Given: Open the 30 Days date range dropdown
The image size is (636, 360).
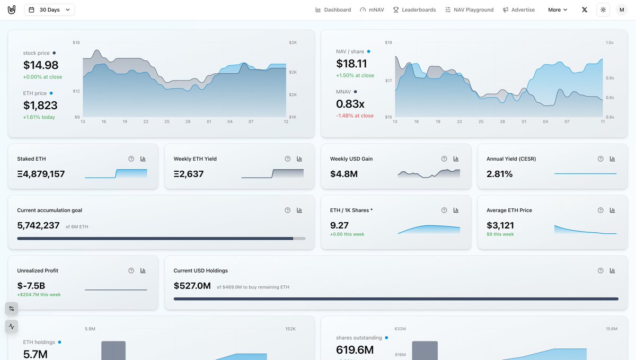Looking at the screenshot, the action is point(49,10).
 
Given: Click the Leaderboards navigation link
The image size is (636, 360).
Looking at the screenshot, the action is point(414,10).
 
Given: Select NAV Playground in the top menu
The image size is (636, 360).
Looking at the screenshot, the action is point(470,10).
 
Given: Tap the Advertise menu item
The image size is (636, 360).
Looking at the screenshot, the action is point(519,10).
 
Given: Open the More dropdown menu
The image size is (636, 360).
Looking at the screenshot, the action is point(558,10).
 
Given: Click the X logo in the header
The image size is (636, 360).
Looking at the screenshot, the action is point(584,10).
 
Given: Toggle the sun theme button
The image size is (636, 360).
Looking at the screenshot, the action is point(603,10).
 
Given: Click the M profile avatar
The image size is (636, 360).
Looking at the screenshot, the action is point(622,10).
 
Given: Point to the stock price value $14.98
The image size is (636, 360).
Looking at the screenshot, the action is point(41,65).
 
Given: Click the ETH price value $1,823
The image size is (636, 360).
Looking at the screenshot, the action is point(40,106).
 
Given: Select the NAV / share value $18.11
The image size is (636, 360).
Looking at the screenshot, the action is point(351,64).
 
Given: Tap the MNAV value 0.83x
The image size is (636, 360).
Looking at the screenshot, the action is point(350,104).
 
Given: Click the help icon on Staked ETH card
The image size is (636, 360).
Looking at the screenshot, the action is point(131,159).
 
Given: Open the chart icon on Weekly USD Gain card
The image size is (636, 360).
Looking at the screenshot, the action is point(456,159).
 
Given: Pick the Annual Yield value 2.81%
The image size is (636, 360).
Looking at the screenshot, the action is point(499,174).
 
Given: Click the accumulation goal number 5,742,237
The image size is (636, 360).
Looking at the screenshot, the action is point(38,226).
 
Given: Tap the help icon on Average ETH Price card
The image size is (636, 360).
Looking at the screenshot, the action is point(600,210).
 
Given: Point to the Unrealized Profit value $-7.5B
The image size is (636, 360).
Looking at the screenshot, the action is point(31,286).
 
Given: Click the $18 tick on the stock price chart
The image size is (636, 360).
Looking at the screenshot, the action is point(76,42).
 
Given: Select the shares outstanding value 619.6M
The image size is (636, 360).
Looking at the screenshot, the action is point(355,350).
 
